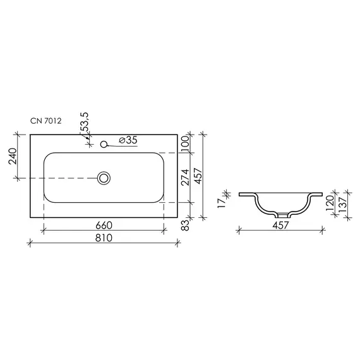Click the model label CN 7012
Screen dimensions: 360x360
click(x=46, y=121)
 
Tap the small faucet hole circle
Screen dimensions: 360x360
click(x=104, y=144)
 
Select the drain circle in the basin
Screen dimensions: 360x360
click(x=104, y=178)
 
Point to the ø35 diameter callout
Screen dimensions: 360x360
click(x=128, y=140)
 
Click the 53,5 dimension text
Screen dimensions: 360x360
click(x=85, y=122)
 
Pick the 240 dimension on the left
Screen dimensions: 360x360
click(x=13, y=156)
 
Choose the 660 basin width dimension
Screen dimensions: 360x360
click(x=104, y=225)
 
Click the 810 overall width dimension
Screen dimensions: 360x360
click(x=104, y=238)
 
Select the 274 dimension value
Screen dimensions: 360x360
click(x=185, y=177)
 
